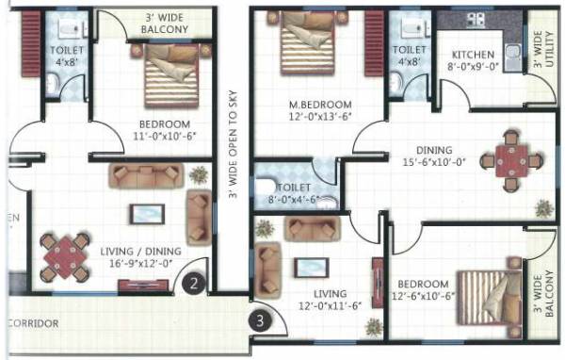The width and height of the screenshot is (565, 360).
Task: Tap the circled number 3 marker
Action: pos(261,319)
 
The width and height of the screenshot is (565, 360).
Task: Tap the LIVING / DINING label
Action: pos(137,251)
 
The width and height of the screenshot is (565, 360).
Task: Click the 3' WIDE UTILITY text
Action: pos(541,53)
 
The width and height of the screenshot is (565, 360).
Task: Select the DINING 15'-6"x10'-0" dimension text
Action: pos(439,163)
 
